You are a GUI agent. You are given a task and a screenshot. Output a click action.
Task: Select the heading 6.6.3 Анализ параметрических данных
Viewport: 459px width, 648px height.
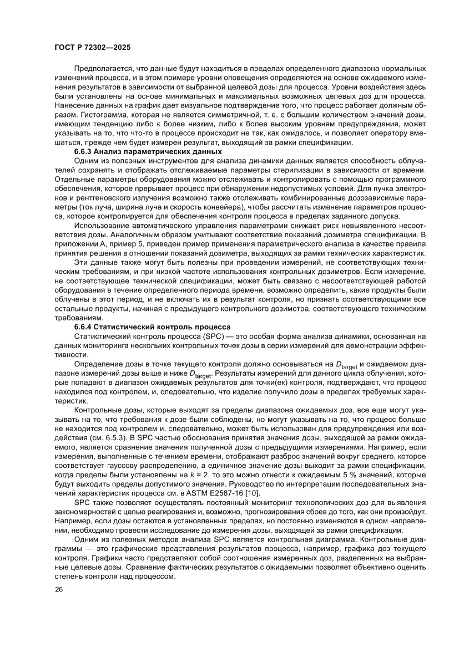coord(148,151)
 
